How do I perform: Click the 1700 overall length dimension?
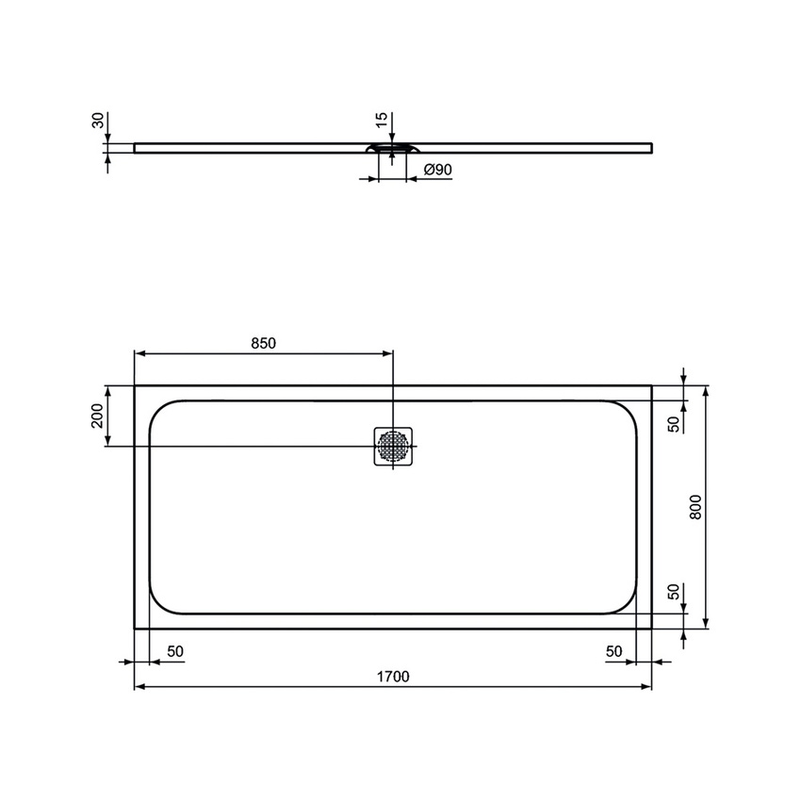click(x=393, y=677)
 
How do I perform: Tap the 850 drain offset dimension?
click(x=263, y=343)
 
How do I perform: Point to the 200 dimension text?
click(x=97, y=416)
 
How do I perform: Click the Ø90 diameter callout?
click(x=438, y=170)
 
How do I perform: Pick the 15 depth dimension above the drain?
click(x=381, y=120)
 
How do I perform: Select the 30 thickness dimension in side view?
click(x=97, y=122)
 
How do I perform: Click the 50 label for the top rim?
click(x=673, y=423)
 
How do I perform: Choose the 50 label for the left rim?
click(x=175, y=651)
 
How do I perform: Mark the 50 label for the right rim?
click(x=613, y=651)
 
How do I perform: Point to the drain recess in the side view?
click(x=392, y=148)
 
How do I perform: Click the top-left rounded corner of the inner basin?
click(x=160, y=412)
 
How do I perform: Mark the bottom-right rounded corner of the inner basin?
click(x=626, y=601)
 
